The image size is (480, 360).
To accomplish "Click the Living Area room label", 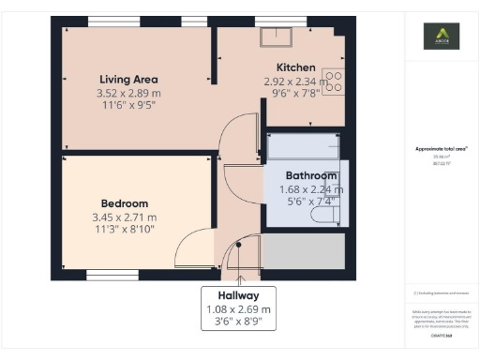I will pos(128,80).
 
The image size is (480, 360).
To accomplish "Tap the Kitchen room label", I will pos(295,67).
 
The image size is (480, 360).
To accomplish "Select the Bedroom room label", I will pos(125,203).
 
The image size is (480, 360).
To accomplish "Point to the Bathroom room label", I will pos(311,175).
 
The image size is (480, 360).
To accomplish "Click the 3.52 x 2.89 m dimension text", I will pos(128,94).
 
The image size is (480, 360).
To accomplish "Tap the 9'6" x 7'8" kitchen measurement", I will pos(295,95).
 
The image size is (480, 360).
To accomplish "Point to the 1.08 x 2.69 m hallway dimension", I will pos(238,308).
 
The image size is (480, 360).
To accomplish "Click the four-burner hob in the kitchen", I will pos(333,82).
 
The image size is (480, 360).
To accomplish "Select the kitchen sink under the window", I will pos(277,37).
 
